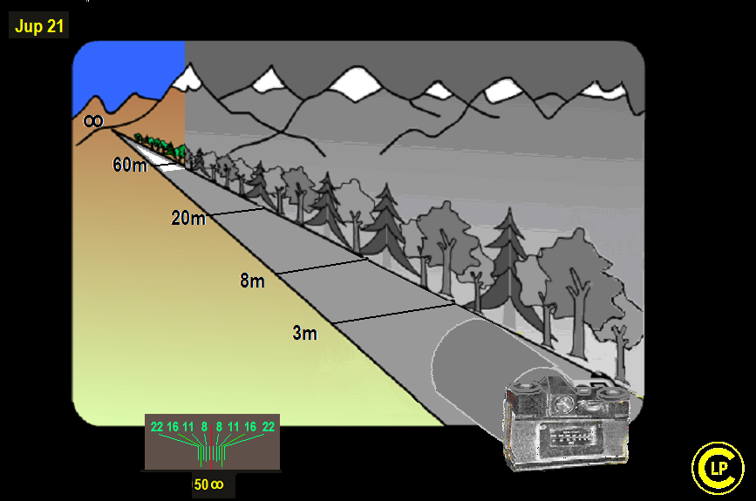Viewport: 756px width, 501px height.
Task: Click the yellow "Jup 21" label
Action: click(39, 25)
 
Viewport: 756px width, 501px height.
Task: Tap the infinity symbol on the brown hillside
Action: click(93, 120)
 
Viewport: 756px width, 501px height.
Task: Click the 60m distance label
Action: click(130, 165)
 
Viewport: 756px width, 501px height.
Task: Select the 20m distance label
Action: click(188, 218)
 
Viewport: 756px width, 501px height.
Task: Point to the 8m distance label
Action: click(252, 281)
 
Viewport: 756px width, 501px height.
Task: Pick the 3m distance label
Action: click(304, 333)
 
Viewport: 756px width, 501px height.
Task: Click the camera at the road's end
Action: click(567, 422)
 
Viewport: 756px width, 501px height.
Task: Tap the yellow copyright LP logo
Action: click(718, 468)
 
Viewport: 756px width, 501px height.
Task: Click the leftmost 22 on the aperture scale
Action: click(157, 427)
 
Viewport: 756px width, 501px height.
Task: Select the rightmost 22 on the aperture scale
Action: click(268, 427)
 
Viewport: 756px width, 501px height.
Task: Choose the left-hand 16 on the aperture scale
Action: click(173, 427)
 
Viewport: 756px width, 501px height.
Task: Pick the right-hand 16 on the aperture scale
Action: click(250, 427)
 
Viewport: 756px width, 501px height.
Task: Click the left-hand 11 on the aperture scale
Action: click(188, 427)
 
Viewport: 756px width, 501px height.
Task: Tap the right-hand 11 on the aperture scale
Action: click(234, 427)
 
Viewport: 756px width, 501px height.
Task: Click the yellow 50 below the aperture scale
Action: click(201, 484)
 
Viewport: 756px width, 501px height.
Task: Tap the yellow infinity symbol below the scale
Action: click(217, 484)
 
